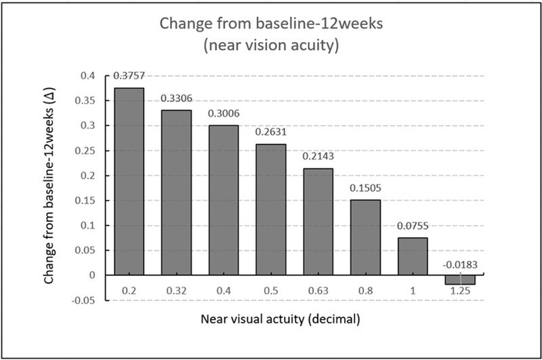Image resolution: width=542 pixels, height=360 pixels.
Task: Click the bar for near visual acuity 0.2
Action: (x=129, y=181)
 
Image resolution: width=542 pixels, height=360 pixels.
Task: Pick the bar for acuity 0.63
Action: (x=318, y=222)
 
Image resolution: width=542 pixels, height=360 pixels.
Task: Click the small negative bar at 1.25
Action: (x=461, y=280)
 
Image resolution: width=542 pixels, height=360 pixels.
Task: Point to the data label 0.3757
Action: (x=129, y=75)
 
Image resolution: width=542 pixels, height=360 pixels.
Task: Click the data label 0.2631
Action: (x=271, y=132)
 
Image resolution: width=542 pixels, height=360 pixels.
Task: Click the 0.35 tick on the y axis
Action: (x=87, y=101)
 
